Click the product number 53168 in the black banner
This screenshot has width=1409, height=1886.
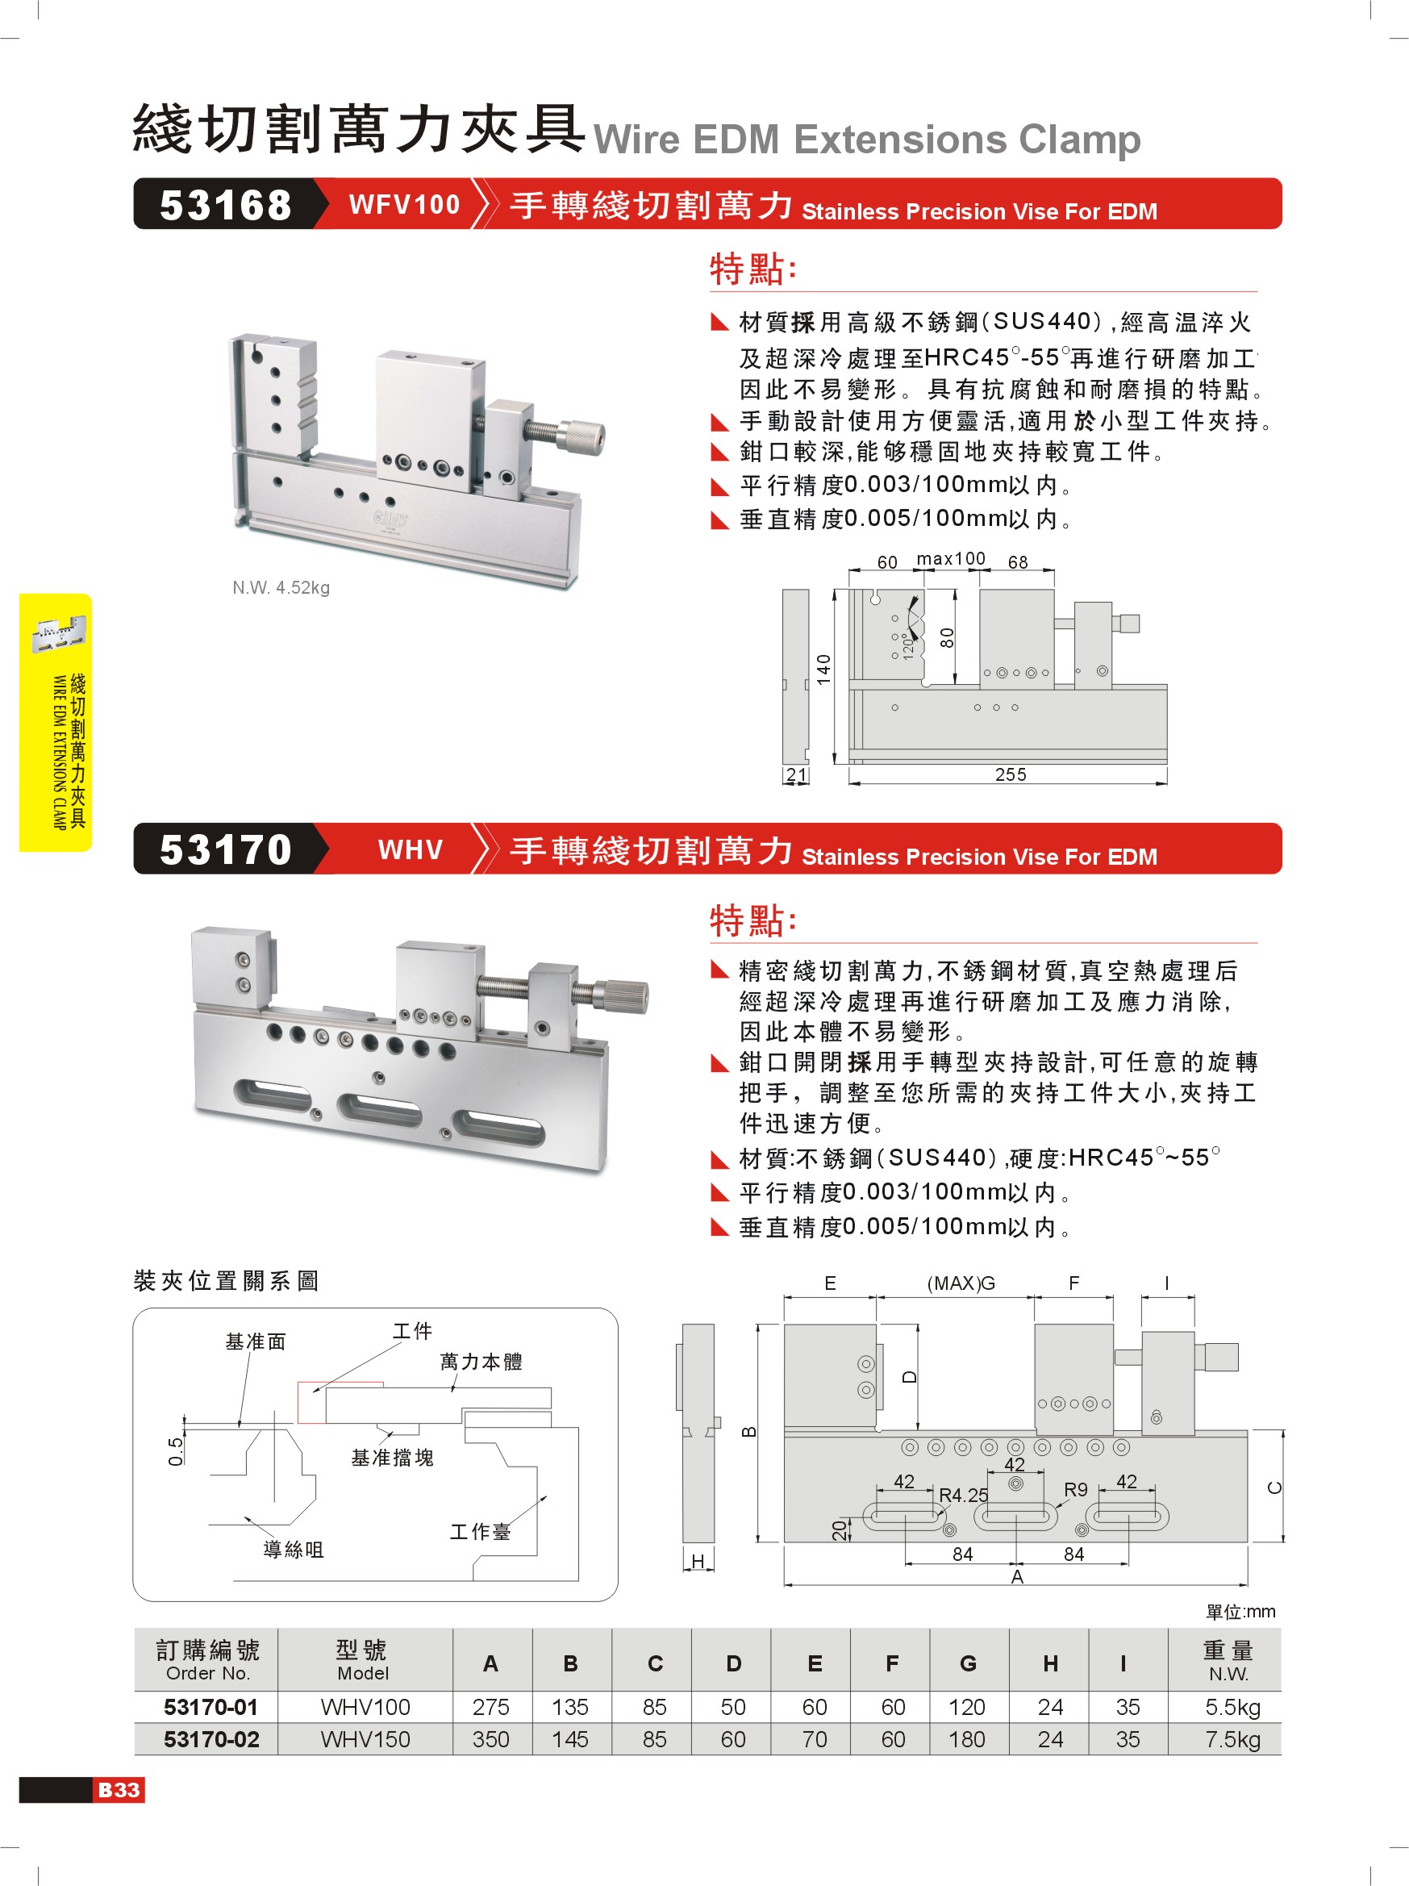225,206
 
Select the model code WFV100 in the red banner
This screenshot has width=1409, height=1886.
404,205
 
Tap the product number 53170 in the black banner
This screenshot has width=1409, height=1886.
225,850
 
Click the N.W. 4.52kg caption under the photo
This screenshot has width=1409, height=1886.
281,587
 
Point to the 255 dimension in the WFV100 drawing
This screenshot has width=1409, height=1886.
1010,774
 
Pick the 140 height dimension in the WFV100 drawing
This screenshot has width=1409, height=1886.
823,670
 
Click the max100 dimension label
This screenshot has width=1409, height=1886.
950,558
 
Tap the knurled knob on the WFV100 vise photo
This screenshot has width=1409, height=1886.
582,436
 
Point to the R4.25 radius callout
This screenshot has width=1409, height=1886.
963,1495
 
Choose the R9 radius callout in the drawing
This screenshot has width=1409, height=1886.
1076,1490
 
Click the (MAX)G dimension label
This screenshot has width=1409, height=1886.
961,1283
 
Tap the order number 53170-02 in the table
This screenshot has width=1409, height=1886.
211,1739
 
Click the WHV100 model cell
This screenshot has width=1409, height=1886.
365,1707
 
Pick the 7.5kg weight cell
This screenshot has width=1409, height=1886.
1232,1739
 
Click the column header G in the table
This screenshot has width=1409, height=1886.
969,1663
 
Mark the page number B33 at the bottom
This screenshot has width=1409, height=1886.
119,1790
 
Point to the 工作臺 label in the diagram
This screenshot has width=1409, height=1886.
480,1531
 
